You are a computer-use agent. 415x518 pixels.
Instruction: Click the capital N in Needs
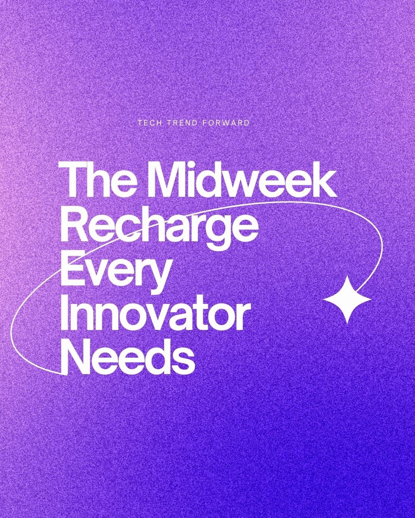tap(76, 355)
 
